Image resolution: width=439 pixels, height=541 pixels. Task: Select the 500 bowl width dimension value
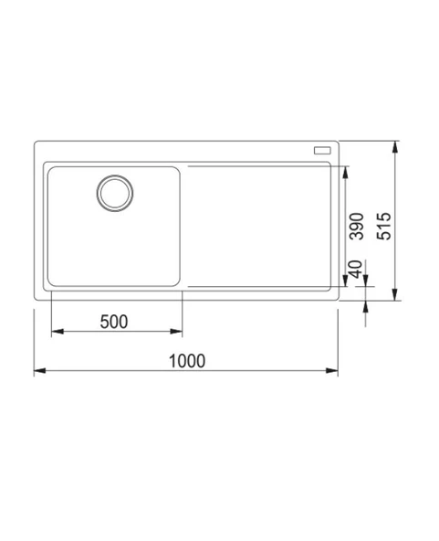pyautogui.click(x=113, y=321)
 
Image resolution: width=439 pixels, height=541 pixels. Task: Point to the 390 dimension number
pyautogui.click(x=357, y=226)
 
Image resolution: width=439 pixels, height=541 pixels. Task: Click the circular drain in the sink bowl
pyautogui.click(x=116, y=193)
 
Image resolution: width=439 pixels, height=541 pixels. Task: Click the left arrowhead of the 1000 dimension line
pyautogui.click(x=38, y=371)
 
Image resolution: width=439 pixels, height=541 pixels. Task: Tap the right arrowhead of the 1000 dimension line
pyautogui.click(x=334, y=371)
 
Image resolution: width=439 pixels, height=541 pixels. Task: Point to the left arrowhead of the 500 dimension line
pyautogui.click(x=55, y=332)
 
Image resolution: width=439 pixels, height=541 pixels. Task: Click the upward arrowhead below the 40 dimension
pyautogui.click(x=365, y=305)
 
